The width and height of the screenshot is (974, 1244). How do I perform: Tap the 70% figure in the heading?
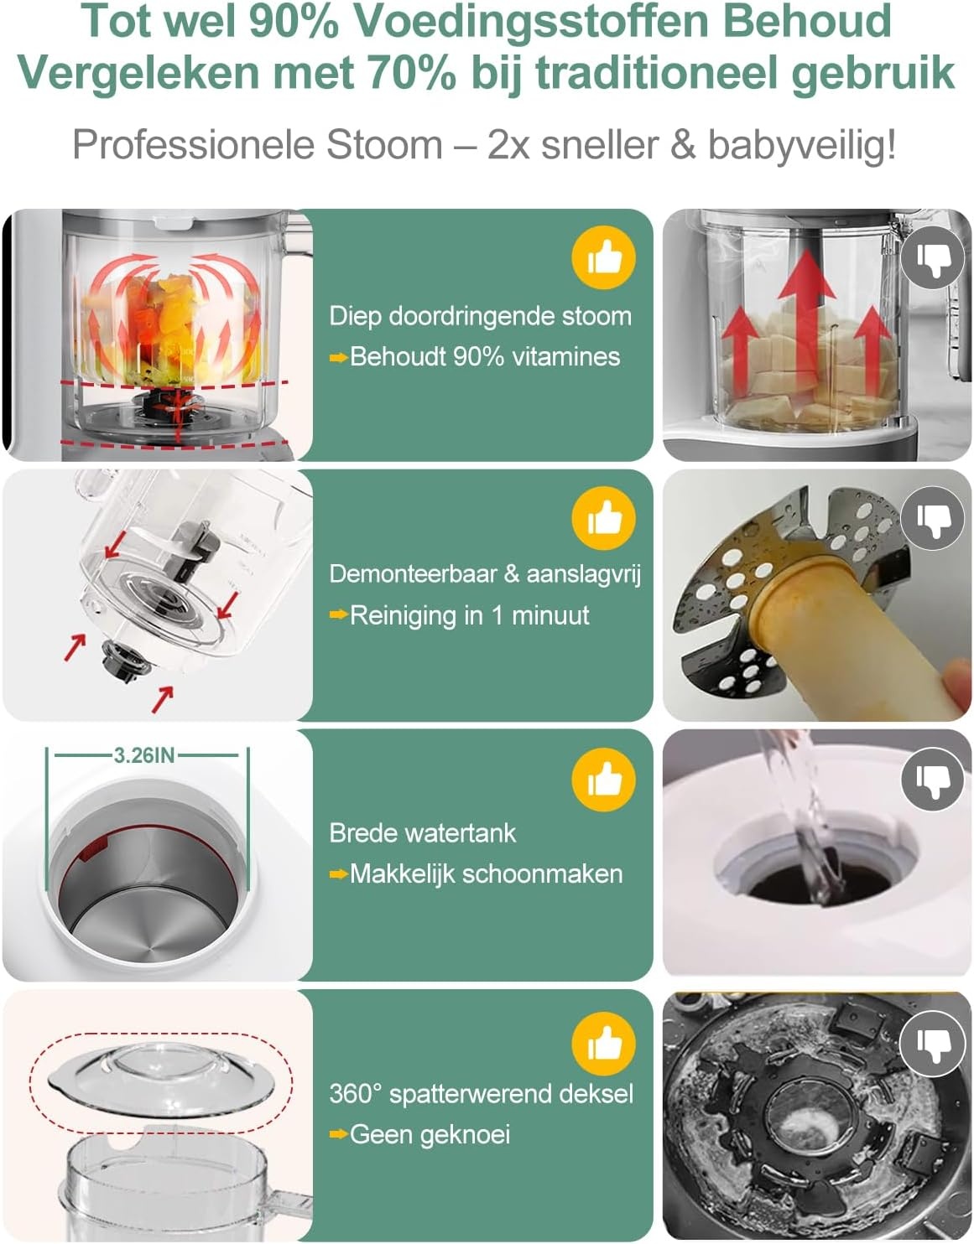pos(412,72)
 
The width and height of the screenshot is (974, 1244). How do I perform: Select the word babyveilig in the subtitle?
pos(801,145)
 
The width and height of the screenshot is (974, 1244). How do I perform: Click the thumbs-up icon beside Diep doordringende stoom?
pos(603,257)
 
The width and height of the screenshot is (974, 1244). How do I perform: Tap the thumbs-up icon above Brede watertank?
pos(603,779)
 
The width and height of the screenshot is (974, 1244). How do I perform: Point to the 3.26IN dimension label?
pos(143,755)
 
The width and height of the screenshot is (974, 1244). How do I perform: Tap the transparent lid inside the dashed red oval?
pos(161,1081)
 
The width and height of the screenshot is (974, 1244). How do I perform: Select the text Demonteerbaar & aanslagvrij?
pos(485,574)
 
